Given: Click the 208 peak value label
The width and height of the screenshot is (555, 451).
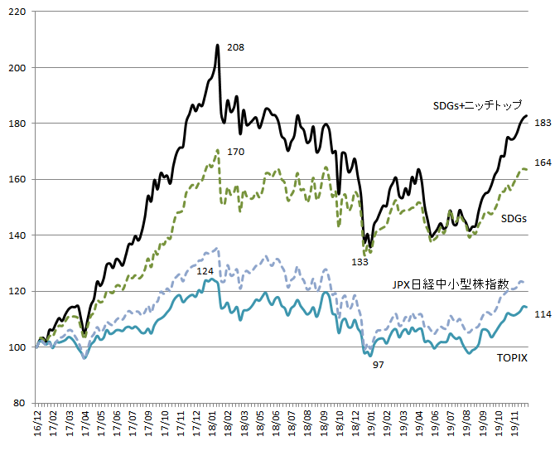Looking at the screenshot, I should click(x=235, y=48).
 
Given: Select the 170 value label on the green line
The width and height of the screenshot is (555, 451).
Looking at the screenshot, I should click(x=235, y=152).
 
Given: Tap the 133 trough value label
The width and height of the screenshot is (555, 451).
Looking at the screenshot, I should click(x=360, y=262).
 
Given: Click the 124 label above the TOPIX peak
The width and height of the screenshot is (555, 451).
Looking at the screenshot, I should click(x=205, y=271).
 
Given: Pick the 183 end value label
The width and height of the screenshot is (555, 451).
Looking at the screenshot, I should click(x=543, y=123).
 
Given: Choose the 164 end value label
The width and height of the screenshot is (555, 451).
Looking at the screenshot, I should click(x=543, y=162).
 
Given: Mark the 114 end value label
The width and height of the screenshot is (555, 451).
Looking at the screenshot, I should click(x=543, y=313).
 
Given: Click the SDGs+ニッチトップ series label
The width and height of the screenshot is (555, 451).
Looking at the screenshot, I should click(x=477, y=105).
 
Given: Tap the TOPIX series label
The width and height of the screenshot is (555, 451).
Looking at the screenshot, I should click(x=512, y=358).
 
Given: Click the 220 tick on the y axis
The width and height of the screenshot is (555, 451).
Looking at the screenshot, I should click(x=17, y=12).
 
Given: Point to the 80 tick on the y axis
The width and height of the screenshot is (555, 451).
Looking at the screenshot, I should click(x=21, y=403).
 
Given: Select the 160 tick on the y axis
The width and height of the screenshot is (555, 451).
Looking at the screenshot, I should click(x=17, y=180).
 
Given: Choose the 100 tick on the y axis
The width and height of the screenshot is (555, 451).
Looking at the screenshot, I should click(x=17, y=347).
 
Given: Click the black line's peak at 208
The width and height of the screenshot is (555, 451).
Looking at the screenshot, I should click(x=218, y=46).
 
